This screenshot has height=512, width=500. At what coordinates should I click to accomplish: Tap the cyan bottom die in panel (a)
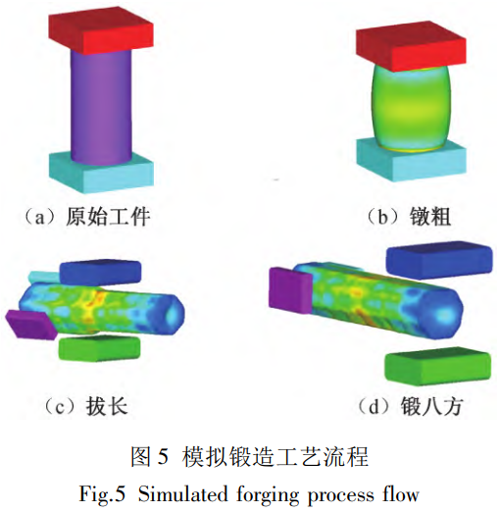101,174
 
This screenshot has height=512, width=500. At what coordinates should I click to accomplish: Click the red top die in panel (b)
411,46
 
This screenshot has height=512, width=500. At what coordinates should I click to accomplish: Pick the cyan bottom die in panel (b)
411,160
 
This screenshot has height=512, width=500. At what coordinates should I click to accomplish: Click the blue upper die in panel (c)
100,273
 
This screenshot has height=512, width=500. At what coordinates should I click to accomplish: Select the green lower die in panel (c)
99,348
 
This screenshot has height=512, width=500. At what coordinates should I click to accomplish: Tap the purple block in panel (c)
31,325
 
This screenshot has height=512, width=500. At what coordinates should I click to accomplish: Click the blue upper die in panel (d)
439,260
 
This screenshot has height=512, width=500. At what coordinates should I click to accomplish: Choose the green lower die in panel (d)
438,364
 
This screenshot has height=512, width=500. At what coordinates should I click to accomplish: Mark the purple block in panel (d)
290,290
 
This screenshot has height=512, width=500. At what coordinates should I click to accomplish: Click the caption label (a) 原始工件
87,217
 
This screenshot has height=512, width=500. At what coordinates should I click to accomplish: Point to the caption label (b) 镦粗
408,217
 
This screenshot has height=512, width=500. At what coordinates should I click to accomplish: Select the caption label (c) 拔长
85,406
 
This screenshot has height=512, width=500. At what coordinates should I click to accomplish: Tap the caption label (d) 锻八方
410,406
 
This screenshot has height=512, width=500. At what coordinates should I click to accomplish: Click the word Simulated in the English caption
182,494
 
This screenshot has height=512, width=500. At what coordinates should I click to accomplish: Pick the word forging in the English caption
268,495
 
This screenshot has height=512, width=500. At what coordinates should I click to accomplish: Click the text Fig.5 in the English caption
102,494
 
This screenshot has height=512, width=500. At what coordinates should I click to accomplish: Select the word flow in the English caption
401,494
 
